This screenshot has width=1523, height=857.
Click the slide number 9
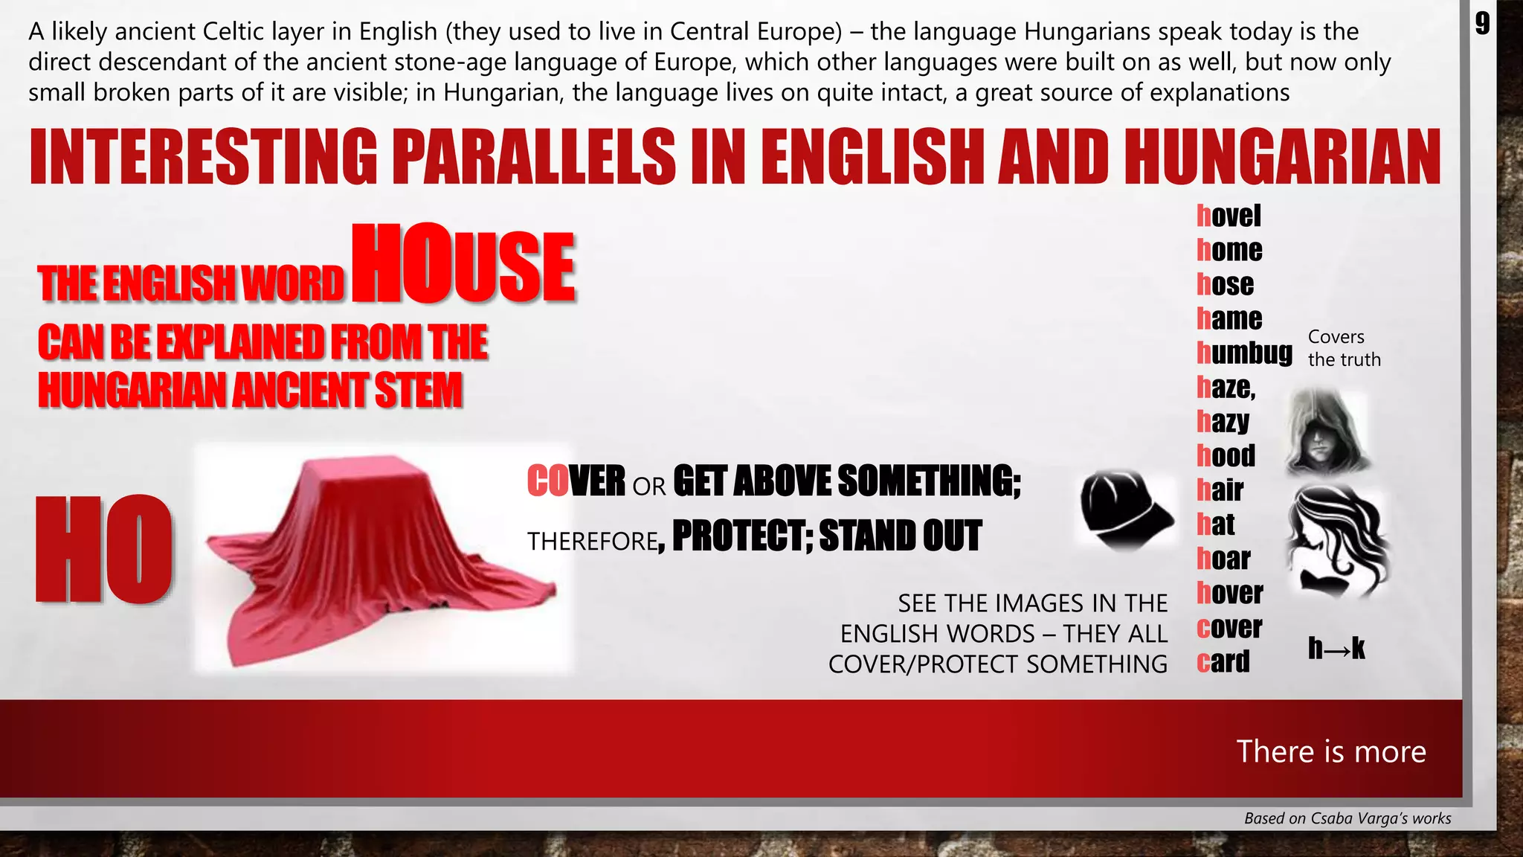click(1482, 24)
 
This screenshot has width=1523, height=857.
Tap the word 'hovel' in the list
click(1229, 216)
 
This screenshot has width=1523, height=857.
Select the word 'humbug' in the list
click(1244, 353)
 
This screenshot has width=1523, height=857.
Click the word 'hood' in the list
click(1226, 455)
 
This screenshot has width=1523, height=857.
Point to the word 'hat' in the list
click(1215, 524)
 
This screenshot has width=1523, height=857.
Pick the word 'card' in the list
click(1223, 661)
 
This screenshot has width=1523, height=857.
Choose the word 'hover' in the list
click(1229, 593)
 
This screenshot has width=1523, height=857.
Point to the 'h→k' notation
click(1336, 648)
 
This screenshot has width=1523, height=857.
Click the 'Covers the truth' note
click(1344, 348)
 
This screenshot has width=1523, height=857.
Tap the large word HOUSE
click(463, 266)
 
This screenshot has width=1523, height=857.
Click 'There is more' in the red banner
click(1331, 751)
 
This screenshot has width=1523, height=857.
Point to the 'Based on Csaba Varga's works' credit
click(1347, 818)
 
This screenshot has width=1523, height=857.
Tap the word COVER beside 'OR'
click(576, 481)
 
